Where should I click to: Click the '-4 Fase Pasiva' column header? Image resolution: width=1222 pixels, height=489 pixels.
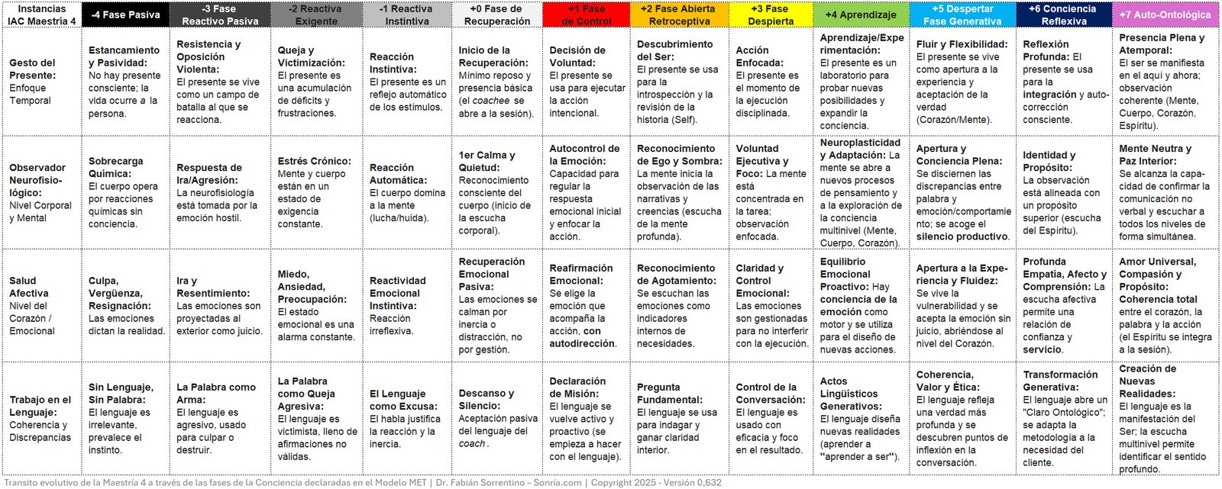click(x=125, y=14)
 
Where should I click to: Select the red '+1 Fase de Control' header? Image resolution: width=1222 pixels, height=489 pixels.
click(x=587, y=14)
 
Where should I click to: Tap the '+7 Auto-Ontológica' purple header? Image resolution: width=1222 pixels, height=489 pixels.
click(x=1165, y=14)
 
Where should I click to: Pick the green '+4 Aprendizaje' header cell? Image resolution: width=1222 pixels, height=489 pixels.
click(x=861, y=14)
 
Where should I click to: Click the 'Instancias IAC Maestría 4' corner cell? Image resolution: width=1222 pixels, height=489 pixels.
click(x=41, y=14)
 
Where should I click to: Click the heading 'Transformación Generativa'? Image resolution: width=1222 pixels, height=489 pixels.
click(x=1060, y=381)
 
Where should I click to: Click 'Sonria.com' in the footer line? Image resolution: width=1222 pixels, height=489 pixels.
click(x=558, y=482)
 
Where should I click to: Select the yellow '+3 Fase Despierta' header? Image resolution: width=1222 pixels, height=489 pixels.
click(x=771, y=14)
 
